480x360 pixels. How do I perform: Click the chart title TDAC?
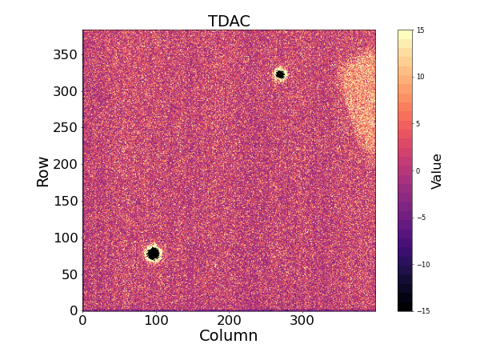229,22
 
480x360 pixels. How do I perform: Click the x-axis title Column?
228,336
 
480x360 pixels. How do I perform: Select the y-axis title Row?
43,171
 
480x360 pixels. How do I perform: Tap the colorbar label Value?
437,171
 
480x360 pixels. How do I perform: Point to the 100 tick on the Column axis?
156,321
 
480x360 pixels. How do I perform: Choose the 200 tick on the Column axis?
229,321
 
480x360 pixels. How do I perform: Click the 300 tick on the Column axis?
302,321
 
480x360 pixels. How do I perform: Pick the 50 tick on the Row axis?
68,274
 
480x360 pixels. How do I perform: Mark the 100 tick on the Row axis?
64,238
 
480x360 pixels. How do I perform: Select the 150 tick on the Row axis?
64,201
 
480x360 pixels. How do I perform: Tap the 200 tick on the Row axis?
64,164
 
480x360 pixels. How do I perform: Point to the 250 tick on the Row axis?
64,128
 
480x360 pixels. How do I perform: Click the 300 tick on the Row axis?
64,91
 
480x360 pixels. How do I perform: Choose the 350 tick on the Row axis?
64,54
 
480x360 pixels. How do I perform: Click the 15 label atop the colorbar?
420,30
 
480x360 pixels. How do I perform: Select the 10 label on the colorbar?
420,77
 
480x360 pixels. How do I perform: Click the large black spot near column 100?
153,254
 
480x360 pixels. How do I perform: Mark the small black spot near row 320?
280,74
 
